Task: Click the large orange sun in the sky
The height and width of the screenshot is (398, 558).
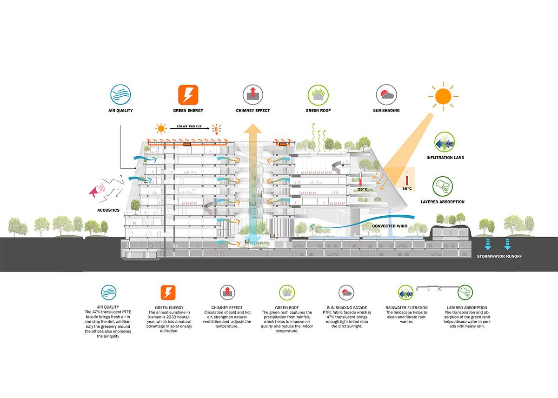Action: click(444, 96)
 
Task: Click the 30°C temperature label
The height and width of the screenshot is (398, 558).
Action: click(407, 189)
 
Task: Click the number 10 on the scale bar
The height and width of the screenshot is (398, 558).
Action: click(439, 289)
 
